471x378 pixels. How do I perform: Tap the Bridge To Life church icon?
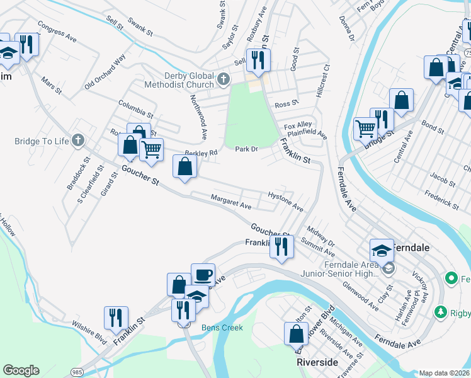[77, 140]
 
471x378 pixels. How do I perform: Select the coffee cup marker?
[203, 275]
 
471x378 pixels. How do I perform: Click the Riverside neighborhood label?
[317, 363]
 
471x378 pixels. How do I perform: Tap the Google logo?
[21, 370]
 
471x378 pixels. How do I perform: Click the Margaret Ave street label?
[231, 202]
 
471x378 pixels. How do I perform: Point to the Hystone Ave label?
[286, 202]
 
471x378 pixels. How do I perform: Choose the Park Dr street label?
[247, 149]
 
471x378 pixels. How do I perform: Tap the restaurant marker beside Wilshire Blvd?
[115, 318]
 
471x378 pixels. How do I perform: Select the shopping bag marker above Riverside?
[295, 333]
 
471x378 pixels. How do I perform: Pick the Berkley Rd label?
[201, 152]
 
